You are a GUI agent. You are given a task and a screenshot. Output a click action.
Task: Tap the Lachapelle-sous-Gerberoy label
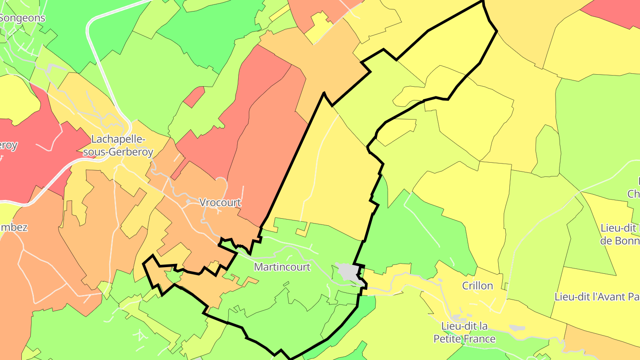pyautogui.click(x=118, y=145)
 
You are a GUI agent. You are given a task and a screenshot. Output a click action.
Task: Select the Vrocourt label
pyautogui.click(x=220, y=203)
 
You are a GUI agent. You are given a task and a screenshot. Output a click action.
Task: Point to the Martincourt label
pyautogui.click(x=282, y=267)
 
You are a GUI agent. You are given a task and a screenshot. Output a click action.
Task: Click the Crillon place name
pyautogui.click(x=477, y=286)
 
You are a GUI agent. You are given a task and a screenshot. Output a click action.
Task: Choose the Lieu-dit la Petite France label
pyautogui.click(x=464, y=332)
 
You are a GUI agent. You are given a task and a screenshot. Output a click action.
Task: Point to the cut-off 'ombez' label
pyautogui.click(x=14, y=228)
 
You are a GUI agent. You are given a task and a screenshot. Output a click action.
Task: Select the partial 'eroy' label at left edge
pyautogui.click(x=8, y=145)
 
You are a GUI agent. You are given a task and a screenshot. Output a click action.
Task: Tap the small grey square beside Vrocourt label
pyautogui.click(x=188, y=202)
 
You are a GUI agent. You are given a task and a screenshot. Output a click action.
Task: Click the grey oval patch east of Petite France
pyautogui.click(x=516, y=328)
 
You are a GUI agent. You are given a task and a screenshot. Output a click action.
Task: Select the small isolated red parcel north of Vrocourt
pyautogui.click(x=194, y=97)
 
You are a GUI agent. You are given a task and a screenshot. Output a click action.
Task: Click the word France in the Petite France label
pyautogui.click(x=479, y=339)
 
